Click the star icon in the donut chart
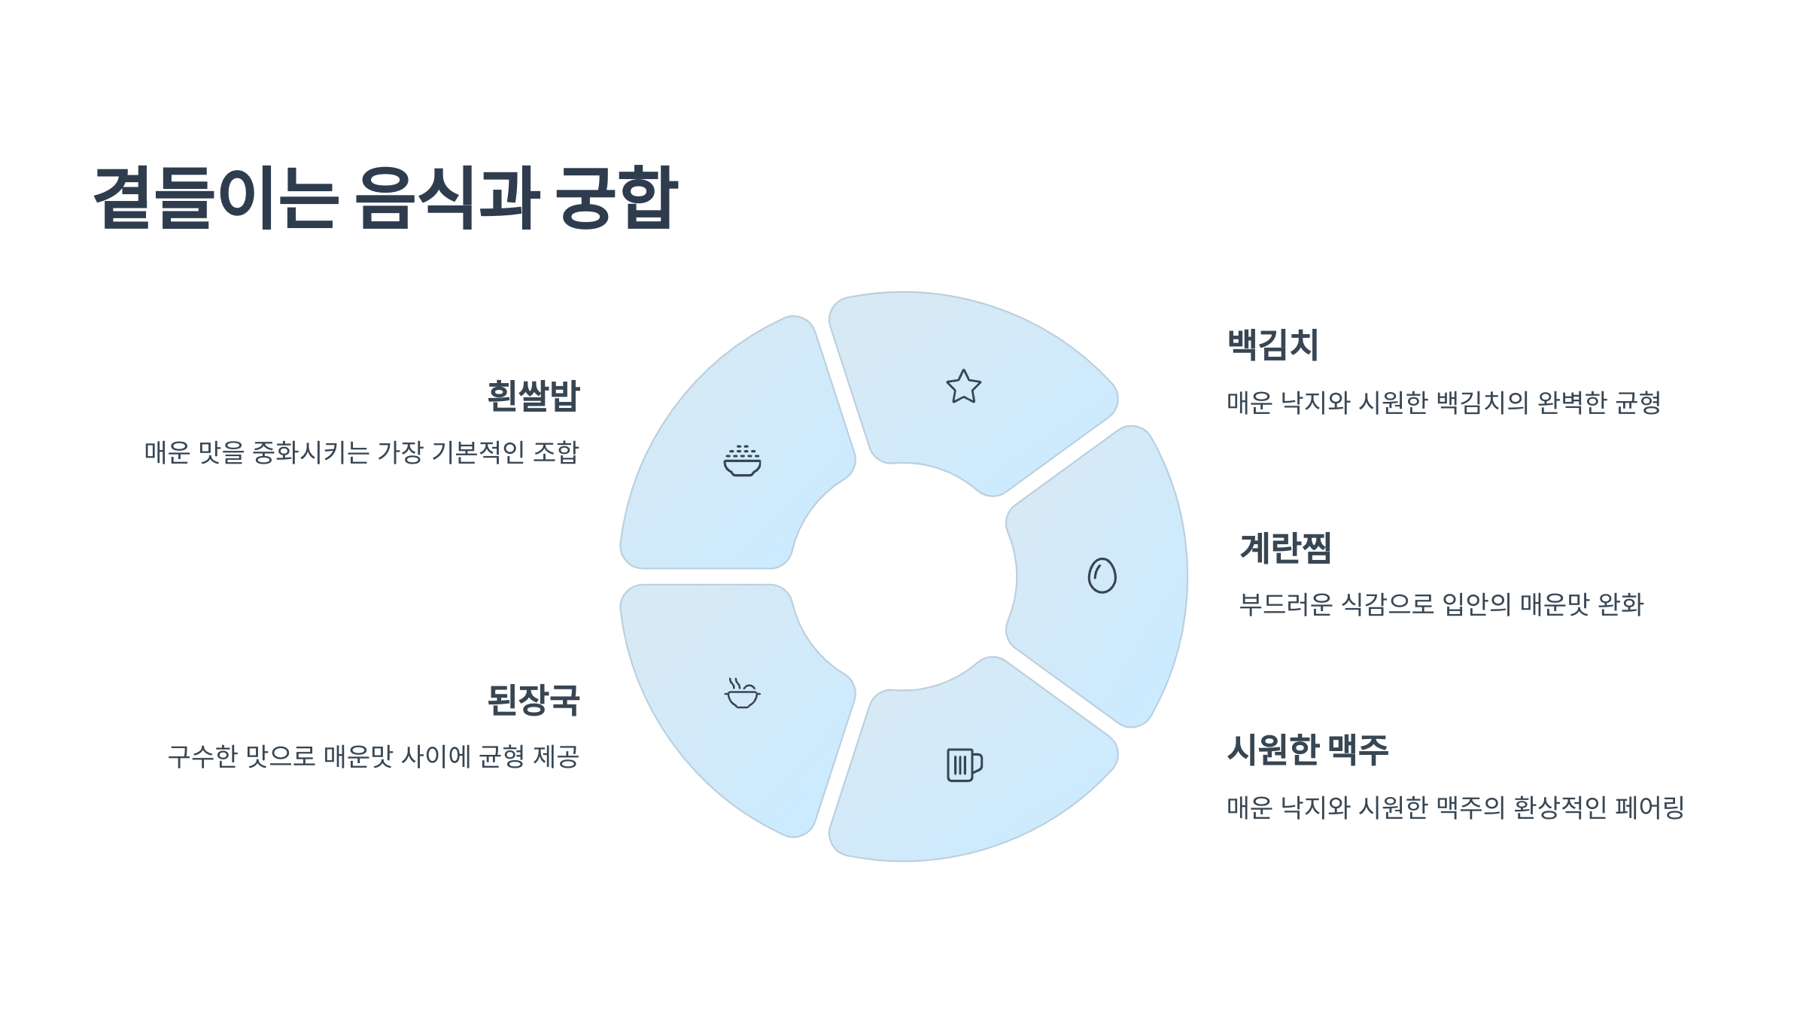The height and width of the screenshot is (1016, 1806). point(963,387)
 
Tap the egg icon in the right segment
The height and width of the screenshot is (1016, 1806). point(1102,576)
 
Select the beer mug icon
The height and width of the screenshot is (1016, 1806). point(964,765)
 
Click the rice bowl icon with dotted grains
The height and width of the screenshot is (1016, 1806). point(742,461)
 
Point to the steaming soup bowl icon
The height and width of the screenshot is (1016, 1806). point(742,693)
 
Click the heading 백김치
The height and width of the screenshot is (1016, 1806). point(1272,345)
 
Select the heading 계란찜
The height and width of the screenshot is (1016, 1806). point(1285,548)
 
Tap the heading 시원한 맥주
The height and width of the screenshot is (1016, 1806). point(1307,750)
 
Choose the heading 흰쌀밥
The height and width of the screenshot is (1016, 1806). point(534,396)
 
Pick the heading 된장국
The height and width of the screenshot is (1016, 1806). point(534,700)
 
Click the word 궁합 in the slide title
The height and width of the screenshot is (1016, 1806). point(617,197)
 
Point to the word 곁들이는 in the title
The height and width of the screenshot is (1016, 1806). point(216,197)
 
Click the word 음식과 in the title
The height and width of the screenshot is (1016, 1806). point(446,197)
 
